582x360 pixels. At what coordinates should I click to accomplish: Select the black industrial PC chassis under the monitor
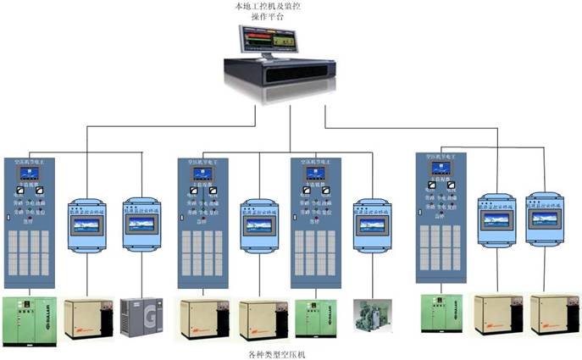pos(280,75)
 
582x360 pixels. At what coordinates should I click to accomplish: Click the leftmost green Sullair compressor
pos(28,318)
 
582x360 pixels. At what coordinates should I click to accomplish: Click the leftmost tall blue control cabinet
pos(29,223)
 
